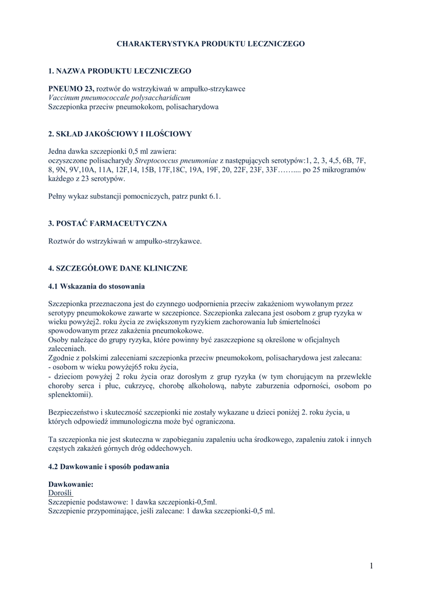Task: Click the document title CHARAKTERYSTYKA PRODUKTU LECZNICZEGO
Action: tap(210, 44)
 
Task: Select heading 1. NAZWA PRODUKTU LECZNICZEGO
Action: tap(119, 71)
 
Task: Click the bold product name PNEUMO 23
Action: tap(70, 89)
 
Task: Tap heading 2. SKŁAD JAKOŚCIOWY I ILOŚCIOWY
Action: tap(119, 134)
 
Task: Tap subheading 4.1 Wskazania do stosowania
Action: tap(96, 287)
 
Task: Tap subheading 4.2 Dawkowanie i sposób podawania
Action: tap(109, 467)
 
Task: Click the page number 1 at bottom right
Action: tap(371, 566)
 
